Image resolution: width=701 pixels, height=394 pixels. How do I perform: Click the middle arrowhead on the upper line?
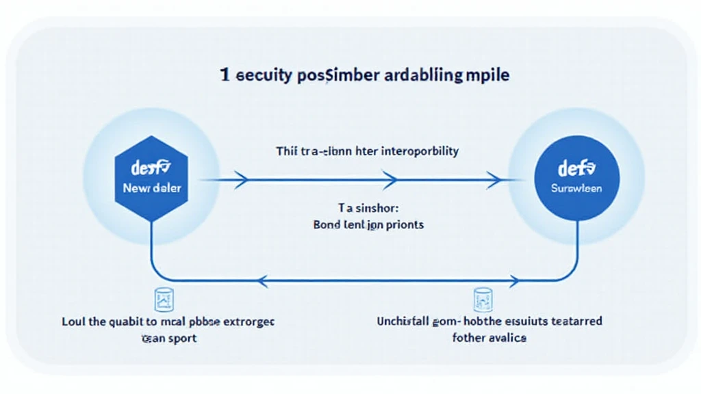(390, 180)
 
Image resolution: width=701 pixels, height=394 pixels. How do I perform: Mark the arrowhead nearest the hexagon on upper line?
(240, 180)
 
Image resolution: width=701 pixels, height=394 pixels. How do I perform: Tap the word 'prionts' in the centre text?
(404, 224)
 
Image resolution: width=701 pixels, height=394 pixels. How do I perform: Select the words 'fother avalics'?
(489, 337)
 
